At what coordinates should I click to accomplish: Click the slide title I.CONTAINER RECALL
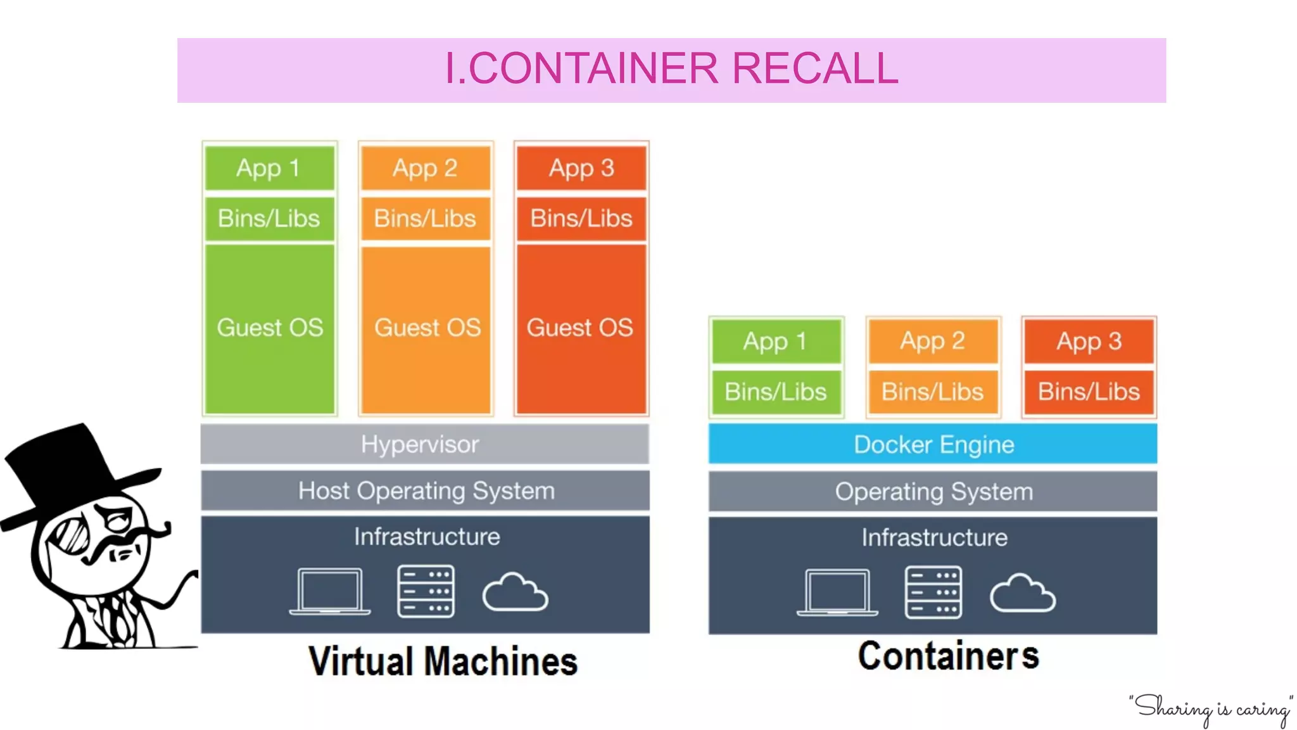click(671, 68)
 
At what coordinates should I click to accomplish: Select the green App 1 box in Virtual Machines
click(269, 168)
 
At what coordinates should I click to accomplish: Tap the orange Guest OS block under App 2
click(426, 328)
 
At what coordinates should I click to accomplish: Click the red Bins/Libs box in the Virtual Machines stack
click(581, 219)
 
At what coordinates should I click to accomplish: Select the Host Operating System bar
click(426, 491)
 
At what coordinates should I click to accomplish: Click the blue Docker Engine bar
click(933, 444)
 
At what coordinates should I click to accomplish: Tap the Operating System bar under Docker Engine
click(933, 492)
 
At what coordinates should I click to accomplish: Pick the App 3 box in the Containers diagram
click(1089, 342)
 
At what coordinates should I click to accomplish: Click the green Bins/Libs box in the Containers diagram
click(776, 392)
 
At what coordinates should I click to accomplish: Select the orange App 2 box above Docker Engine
click(932, 342)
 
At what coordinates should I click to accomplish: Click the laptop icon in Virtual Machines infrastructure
click(330, 591)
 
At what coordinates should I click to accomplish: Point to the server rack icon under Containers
click(933, 592)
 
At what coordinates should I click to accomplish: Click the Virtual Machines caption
click(443, 662)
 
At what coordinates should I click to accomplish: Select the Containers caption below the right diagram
click(948, 656)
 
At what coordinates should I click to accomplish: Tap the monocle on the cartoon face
click(70, 535)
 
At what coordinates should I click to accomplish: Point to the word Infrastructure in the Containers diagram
click(933, 537)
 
